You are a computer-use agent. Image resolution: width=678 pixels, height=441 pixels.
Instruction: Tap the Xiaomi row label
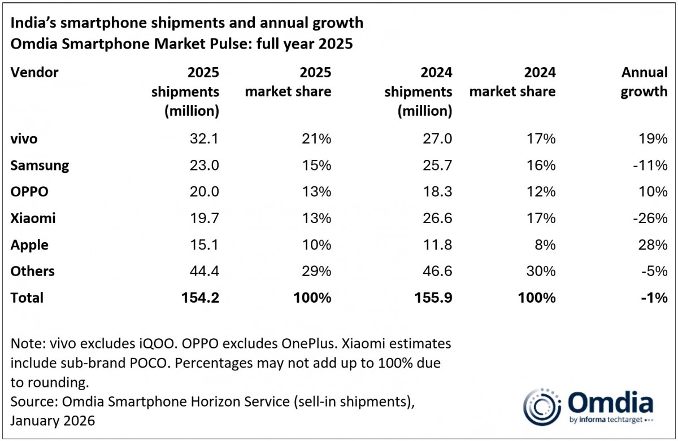[33, 219]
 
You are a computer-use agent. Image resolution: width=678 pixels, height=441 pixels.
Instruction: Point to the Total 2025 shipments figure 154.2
[198, 298]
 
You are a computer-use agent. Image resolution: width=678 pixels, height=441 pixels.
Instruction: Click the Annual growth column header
[644, 82]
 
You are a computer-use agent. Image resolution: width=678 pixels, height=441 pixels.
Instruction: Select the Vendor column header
[34, 72]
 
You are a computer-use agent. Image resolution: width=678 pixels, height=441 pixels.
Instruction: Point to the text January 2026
[53, 421]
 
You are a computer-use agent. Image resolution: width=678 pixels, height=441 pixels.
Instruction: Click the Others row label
[32, 272]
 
